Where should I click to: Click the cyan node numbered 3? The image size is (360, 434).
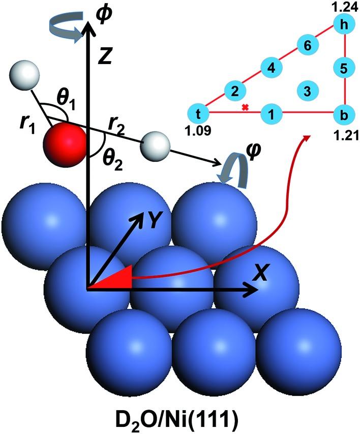point(307,91)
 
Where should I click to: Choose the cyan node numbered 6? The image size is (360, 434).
point(307,45)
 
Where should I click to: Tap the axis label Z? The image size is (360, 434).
point(104,58)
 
